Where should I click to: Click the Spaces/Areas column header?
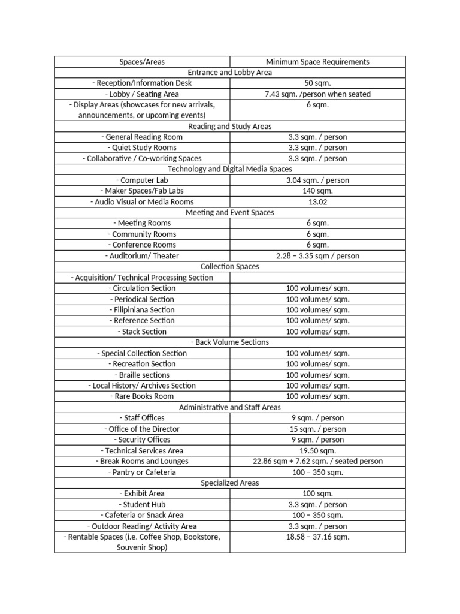coord(142,62)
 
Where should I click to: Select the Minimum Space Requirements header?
coord(317,62)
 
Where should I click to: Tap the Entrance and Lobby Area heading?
coord(230,73)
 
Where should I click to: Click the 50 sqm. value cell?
coord(317,83)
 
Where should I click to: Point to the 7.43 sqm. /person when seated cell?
coord(317,94)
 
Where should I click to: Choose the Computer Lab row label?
coord(142,180)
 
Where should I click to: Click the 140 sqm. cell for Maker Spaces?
coord(317,191)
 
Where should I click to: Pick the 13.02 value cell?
coord(317,202)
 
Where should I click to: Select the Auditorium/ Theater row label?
coord(142,256)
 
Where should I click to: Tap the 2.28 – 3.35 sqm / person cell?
coord(317,256)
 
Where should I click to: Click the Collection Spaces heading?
coord(230,267)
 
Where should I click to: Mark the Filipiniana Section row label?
coord(142,310)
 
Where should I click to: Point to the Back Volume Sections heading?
coord(230,342)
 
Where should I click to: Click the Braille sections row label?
coord(142,375)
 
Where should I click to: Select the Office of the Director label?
coord(142,429)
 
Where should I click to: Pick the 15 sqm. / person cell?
coord(317,429)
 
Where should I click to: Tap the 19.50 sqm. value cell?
coord(317,450)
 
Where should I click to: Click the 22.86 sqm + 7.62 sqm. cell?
coord(317,461)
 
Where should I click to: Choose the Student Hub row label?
coord(142,505)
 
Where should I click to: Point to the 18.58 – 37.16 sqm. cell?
coord(317,537)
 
